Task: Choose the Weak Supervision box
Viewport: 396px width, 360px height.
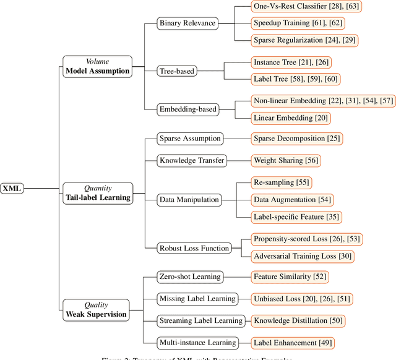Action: [x=96, y=309]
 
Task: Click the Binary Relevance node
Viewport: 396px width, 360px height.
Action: [x=187, y=24]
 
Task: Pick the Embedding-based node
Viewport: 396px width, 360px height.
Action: [x=188, y=109]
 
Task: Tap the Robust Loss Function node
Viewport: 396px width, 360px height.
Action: [x=194, y=248]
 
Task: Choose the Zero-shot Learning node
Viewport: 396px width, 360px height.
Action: [x=189, y=276]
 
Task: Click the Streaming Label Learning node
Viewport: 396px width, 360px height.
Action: [x=201, y=320]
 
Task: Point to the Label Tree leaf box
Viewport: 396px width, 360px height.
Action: [x=286, y=79]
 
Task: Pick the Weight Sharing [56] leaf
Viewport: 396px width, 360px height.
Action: [x=286, y=161]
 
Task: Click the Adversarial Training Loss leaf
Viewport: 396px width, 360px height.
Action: [x=303, y=256]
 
